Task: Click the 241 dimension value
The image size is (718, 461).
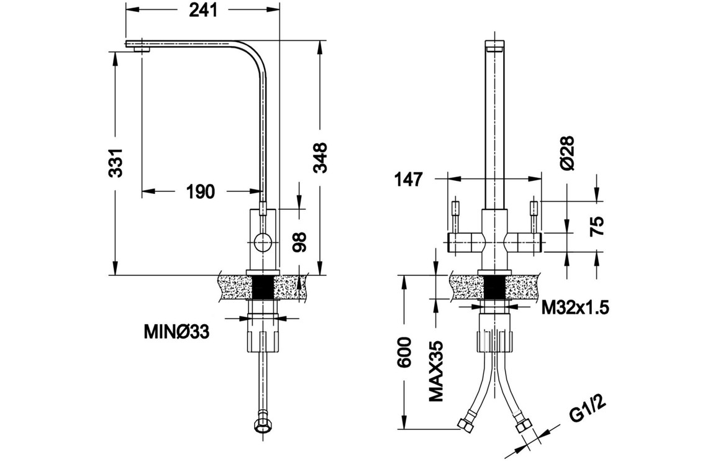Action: pyautogui.click(x=202, y=11)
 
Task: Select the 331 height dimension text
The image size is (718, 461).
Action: pyautogui.click(x=116, y=163)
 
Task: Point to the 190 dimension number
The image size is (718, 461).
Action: pyautogui.click(x=200, y=191)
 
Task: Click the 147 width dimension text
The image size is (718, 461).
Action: pyautogui.click(x=408, y=180)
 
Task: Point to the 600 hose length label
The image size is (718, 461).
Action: pyautogui.click(x=404, y=352)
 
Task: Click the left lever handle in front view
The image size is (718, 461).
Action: pyautogui.click(x=465, y=240)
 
